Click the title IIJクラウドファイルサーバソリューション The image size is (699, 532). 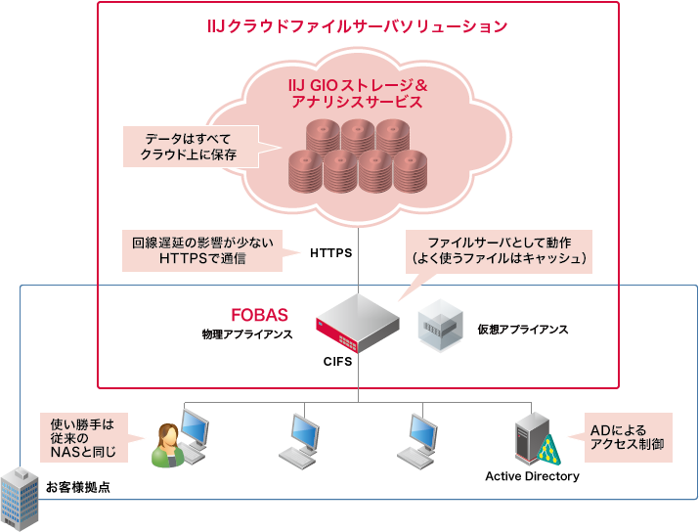(x=358, y=26)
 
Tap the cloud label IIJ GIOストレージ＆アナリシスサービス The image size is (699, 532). (x=358, y=93)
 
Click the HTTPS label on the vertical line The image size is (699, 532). (x=330, y=252)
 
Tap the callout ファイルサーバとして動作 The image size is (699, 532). (x=499, y=250)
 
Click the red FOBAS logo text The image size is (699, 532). (x=259, y=315)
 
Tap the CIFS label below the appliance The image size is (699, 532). (x=337, y=363)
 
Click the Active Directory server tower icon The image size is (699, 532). (x=532, y=436)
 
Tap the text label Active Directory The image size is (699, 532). (x=532, y=477)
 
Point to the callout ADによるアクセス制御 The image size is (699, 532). (x=627, y=436)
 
